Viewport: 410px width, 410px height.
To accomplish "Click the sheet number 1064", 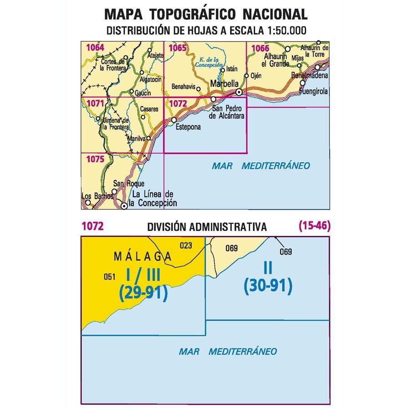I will [x=95, y=47].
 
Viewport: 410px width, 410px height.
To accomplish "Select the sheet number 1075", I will [x=95, y=159].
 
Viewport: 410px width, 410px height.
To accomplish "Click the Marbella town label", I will [x=224, y=84].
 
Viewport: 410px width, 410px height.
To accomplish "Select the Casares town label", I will [x=149, y=110].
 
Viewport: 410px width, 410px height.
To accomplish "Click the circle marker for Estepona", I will [x=174, y=120].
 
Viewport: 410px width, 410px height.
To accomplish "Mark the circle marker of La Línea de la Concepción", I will [x=123, y=206].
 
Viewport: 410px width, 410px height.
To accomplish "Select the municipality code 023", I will [x=186, y=246].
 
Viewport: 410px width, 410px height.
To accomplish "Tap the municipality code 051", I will [x=109, y=276].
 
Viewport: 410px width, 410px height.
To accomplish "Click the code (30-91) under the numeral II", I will [x=267, y=286].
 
